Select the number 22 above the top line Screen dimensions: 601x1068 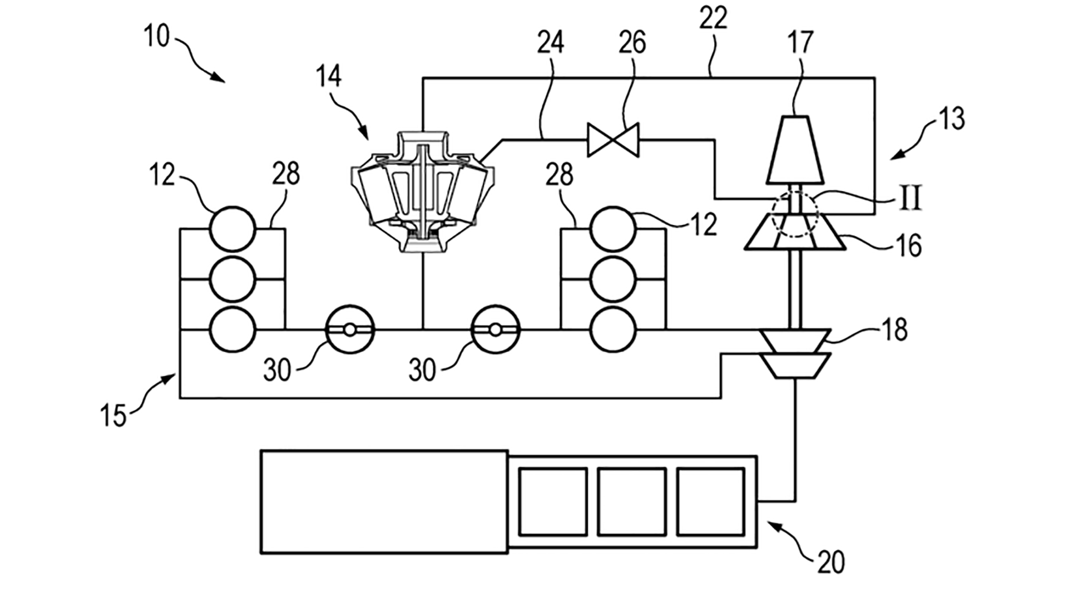coord(713,19)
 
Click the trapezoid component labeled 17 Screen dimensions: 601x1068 coord(795,149)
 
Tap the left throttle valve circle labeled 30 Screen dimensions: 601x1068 coord(349,329)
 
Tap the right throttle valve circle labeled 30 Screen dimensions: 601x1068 coord(495,329)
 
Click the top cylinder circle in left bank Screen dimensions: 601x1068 coord(233,229)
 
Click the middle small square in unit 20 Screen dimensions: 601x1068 coord(631,502)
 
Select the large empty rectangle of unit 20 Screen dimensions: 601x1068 coord(384,502)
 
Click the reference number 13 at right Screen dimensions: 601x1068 coord(952,119)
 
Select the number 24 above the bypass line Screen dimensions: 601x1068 coord(551,42)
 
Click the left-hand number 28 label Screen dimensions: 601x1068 coord(286,174)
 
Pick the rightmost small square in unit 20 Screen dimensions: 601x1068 coord(710,502)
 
